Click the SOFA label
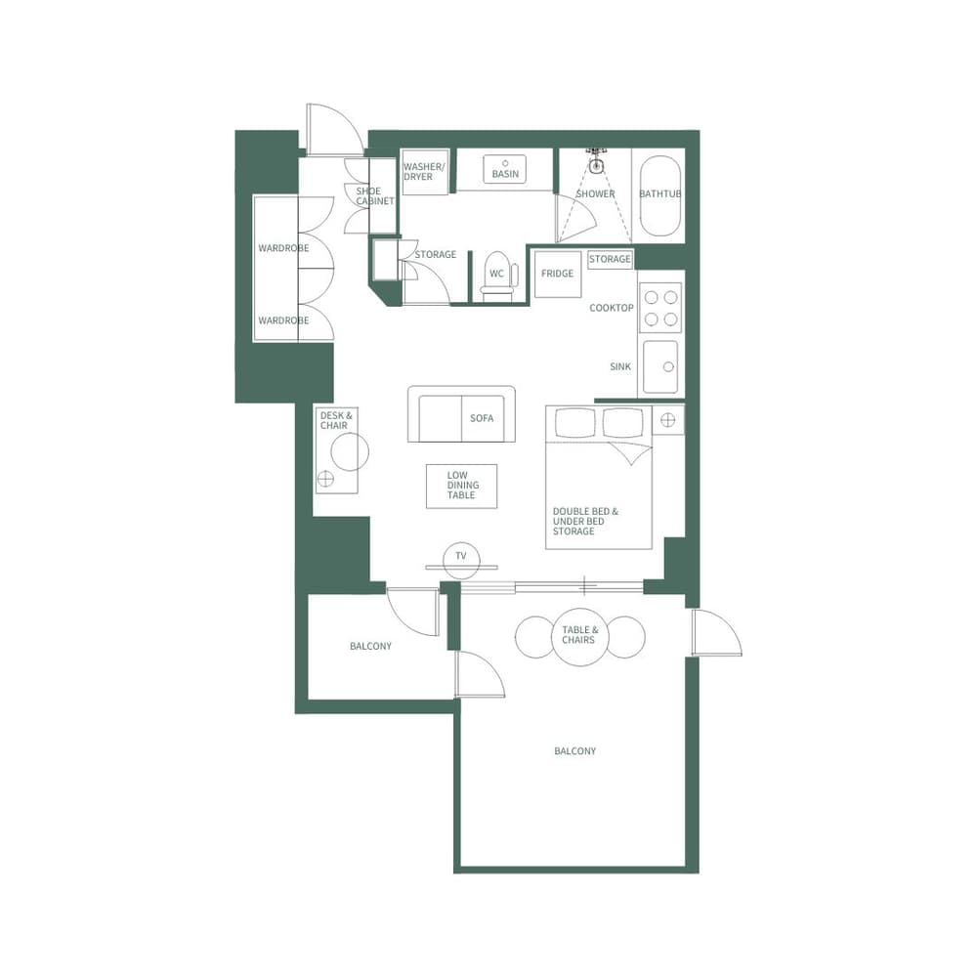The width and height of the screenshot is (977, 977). tap(482, 418)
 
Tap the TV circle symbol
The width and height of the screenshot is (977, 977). tap(461, 557)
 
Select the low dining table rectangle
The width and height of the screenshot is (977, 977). tap(461, 486)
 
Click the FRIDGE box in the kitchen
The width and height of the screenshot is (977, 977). tap(557, 275)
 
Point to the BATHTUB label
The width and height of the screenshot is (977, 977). tap(659, 194)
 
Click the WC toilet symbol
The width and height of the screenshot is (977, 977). tap(496, 275)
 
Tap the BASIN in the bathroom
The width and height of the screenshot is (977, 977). tap(505, 171)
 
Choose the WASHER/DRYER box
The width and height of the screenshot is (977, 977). tap(424, 172)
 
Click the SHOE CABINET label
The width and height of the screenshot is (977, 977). tap(374, 196)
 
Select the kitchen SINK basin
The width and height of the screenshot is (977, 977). tap(661, 367)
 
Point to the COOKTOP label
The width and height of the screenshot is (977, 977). tap(612, 309)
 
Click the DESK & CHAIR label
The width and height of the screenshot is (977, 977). tap(334, 420)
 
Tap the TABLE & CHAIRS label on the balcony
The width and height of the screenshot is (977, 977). tap(579, 635)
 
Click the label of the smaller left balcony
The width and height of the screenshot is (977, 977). tap(370, 647)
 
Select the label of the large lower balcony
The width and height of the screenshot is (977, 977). tap(574, 751)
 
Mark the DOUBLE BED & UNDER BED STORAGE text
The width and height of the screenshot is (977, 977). tap(585, 522)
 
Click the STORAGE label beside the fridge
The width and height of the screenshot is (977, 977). tap(610, 260)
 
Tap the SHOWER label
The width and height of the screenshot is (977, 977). tap(595, 194)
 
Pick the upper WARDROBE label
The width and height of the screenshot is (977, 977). tap(283, 249)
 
